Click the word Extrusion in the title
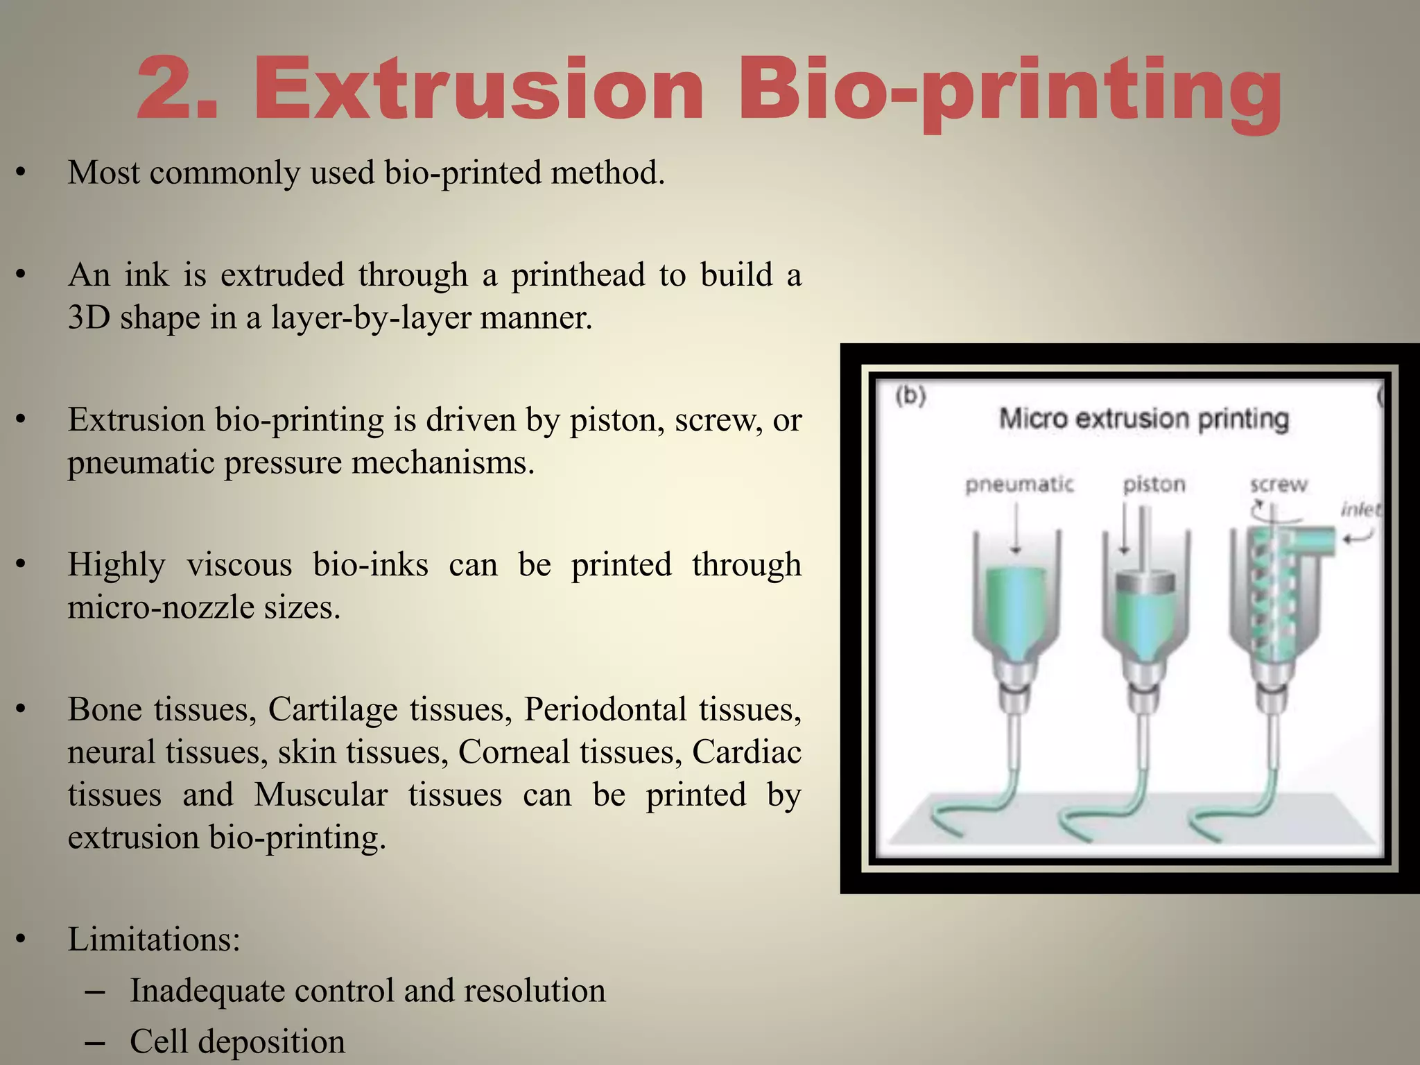tap(479, 90)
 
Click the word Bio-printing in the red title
tap(1009, 90)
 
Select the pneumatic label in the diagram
tap(1019, 484)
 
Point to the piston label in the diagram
tap(1154, 484)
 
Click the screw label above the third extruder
tap(1278, 484)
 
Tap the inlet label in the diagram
tap(1360, 510)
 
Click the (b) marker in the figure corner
tap(910, 396)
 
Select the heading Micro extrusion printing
tap(1143, 419)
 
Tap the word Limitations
tap(153, 940)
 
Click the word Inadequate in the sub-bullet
tap(207, 991)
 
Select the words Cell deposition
tap(237, 1041)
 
